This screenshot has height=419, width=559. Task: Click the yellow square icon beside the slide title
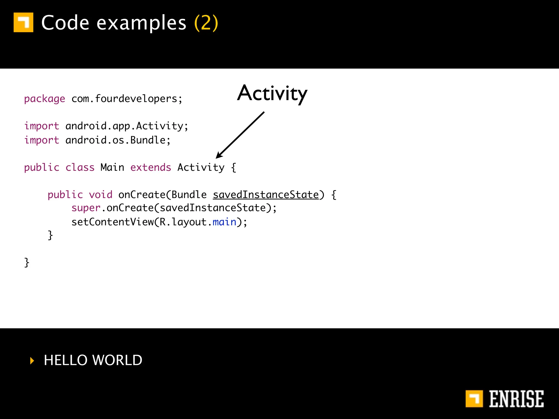23,22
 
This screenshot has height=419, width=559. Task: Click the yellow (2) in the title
206,23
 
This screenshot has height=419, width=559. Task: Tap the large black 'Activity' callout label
272,93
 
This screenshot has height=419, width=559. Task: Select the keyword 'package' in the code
44,99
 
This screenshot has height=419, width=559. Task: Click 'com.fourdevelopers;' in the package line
127,99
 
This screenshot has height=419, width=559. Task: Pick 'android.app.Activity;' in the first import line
127,126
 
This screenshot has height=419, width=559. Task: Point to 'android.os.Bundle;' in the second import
118,140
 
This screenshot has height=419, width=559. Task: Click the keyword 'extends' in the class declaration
151,167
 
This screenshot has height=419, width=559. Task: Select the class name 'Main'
112,167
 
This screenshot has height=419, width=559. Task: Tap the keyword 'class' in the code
80,167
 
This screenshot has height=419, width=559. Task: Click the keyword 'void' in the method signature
100,195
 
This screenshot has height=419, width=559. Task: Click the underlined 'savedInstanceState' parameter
266,195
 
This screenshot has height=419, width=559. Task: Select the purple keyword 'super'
86,208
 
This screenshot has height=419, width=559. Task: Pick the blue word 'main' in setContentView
224,222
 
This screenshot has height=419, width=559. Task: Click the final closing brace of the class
27,262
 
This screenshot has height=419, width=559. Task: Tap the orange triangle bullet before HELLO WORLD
32,361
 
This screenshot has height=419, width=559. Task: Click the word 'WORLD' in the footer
117,360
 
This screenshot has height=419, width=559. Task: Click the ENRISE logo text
516,399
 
